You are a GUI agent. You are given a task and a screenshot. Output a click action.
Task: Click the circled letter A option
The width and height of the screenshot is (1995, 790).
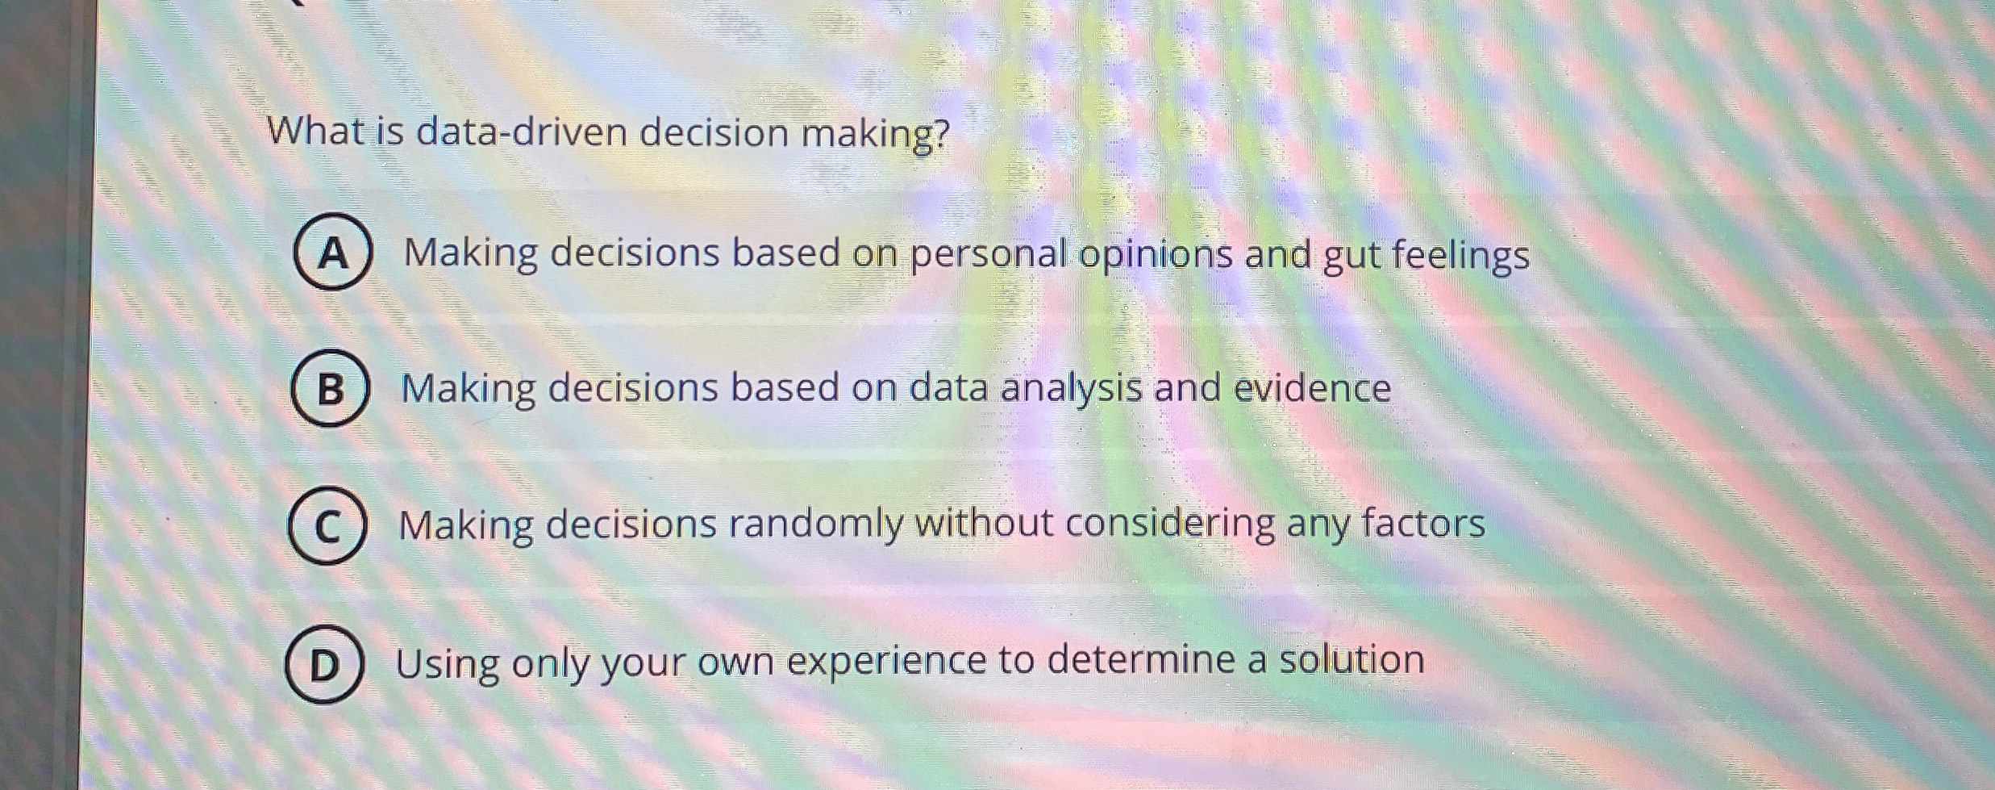[333, 252]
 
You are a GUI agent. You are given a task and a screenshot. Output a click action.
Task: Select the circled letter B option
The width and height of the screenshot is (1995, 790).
[331, 388]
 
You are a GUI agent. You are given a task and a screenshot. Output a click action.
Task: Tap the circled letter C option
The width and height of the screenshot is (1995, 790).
[327, 525]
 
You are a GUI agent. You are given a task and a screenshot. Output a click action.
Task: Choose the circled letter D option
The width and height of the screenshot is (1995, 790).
[324, 664]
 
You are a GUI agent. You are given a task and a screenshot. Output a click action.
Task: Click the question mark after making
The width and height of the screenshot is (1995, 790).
[941, 133]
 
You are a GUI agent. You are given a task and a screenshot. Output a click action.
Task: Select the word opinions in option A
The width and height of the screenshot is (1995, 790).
[1156, 254]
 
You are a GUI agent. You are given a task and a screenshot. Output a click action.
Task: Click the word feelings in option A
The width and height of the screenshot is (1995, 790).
[1460, 256]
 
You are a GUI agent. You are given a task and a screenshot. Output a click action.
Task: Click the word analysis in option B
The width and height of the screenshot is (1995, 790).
[1071, 388]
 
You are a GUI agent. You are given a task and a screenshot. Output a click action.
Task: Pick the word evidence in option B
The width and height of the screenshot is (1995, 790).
[1313, 388]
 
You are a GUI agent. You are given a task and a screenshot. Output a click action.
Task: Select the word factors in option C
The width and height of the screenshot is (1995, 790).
[1423, 522]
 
